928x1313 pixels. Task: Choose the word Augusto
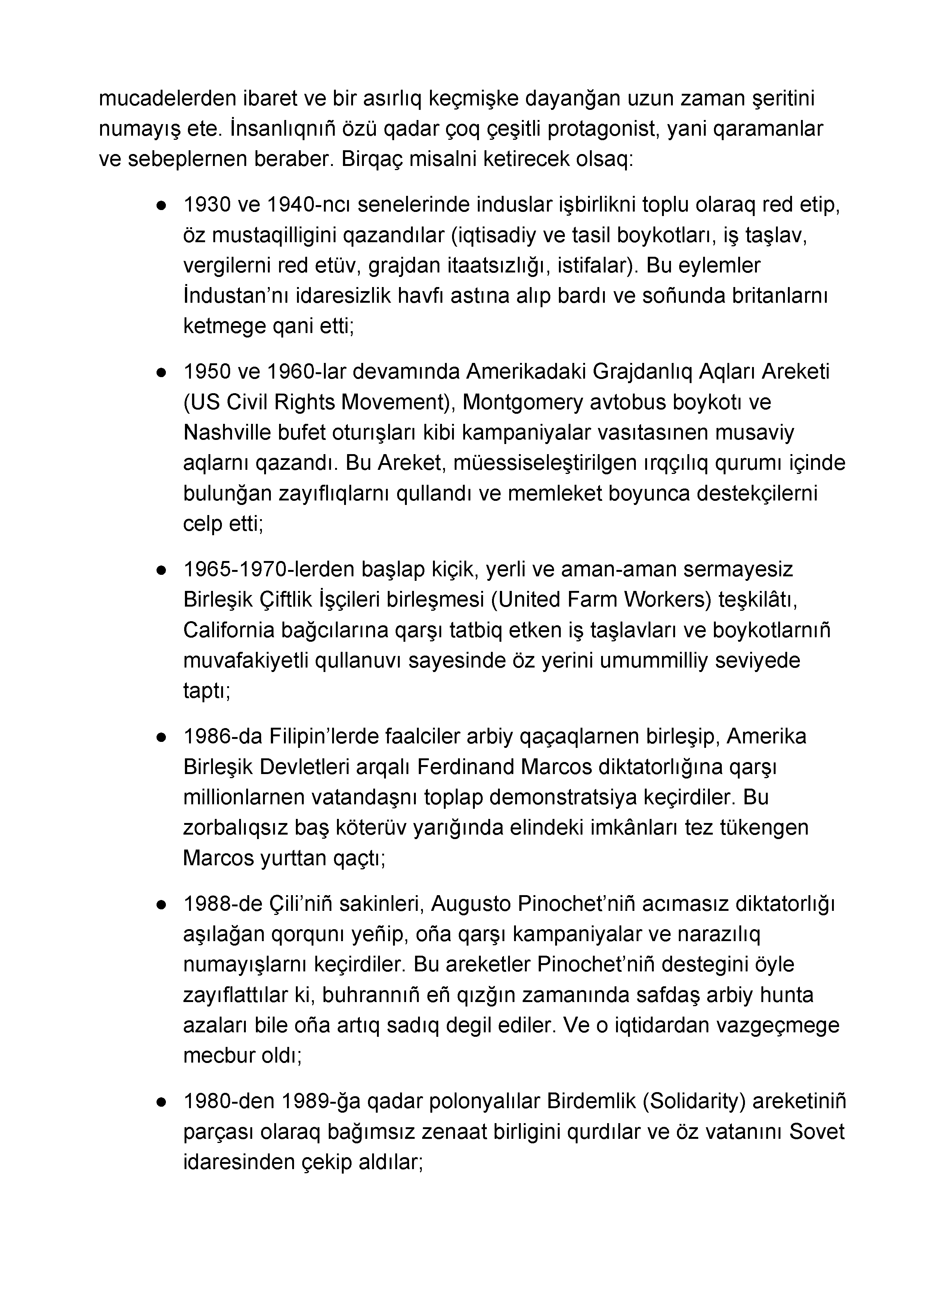471,904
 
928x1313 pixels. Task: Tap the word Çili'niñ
300,904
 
